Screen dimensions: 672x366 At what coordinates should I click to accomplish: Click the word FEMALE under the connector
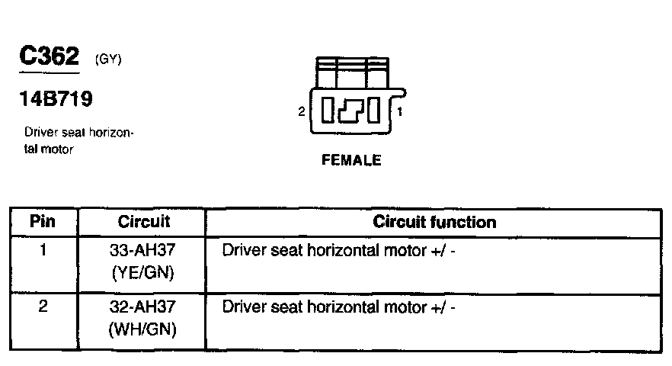pos(351,161)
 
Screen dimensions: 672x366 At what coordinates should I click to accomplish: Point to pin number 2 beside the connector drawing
pos(302,112)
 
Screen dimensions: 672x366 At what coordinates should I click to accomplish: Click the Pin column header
pos(43,223)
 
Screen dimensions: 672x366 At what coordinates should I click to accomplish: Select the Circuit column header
pos(144,223)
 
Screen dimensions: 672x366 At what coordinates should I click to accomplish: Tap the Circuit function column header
pos(434,223)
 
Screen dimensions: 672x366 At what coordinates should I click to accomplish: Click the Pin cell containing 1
pos(43,249)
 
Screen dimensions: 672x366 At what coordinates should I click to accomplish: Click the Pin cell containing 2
pos(43,307)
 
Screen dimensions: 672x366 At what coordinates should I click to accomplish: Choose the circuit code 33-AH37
pos(144,250)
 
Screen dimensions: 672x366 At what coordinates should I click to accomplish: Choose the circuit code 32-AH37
pos(144,307)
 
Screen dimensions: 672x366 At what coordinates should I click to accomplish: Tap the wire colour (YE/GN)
pos(144,272)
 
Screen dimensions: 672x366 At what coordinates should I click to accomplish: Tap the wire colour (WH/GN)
pos(144,329)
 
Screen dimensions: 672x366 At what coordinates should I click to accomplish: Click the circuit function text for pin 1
pos(338,250)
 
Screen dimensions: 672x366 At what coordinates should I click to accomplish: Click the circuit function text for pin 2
pos(338,307)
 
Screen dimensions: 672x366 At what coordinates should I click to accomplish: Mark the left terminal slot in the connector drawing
pos(328,112)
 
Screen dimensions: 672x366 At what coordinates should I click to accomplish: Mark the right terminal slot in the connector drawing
pos(374,112)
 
